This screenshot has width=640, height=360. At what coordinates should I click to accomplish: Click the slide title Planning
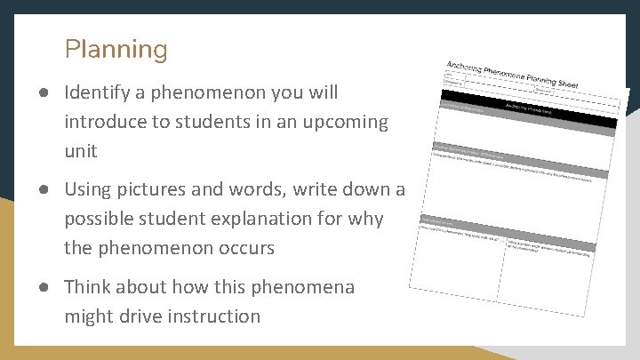pos(116,50)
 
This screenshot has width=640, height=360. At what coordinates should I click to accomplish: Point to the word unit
pos(80,151)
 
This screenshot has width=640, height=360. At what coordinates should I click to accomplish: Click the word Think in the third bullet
pos(90,287)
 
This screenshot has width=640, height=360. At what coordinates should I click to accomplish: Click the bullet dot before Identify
pos(44,92)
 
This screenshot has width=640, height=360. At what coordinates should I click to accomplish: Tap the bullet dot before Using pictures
pos(44,189)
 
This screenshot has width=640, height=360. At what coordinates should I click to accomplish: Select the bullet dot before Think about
pos(44,287)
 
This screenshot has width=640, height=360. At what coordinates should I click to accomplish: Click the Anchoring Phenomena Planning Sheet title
pos(512,75)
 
